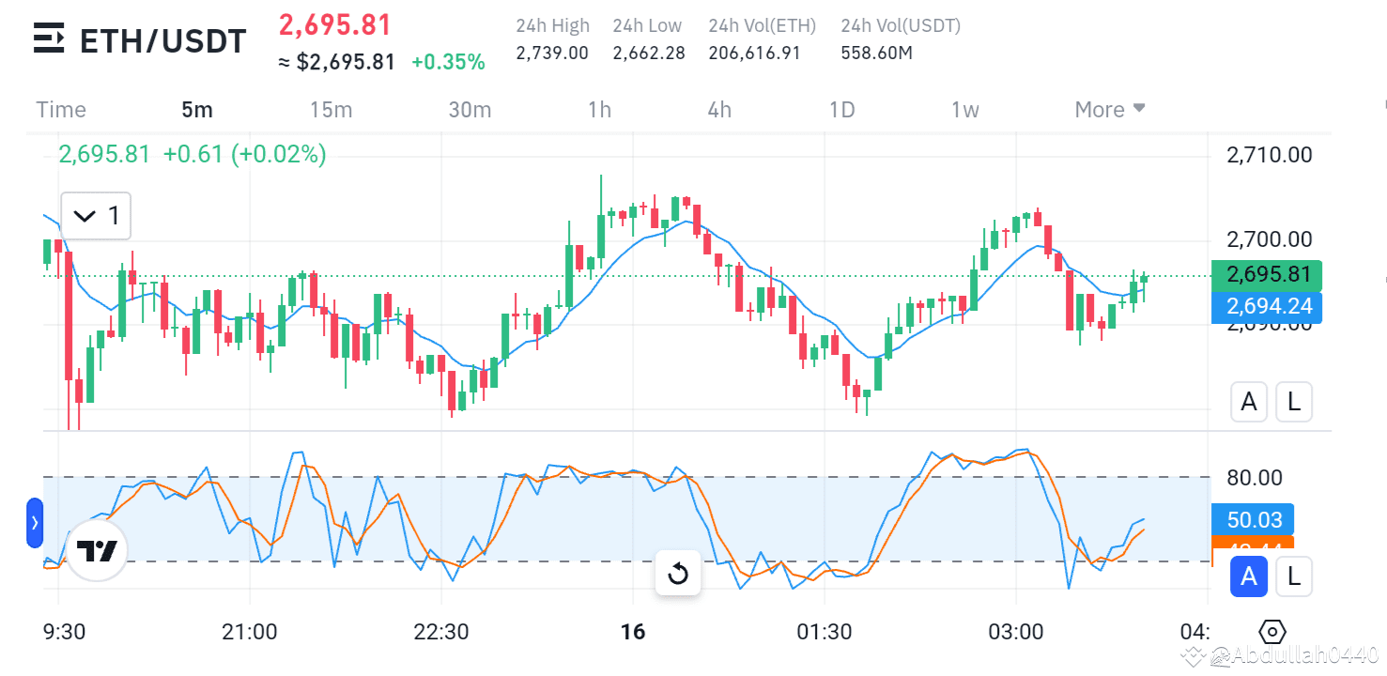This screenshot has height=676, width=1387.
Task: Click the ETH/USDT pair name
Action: click(x=162, y=40)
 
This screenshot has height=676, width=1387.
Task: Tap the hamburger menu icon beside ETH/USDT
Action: click(x=49, y=38)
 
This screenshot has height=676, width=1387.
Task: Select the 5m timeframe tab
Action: click(x=197, y=110)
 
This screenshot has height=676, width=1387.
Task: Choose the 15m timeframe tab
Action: click(x=331, y=110)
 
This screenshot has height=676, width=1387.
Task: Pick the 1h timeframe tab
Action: click(x=599, y=110)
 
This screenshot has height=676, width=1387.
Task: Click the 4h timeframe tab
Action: click(x=719, y=110)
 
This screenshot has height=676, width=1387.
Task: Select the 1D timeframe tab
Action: click(x=841, y=110)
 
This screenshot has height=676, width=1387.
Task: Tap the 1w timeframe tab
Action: click(x=964, y=110)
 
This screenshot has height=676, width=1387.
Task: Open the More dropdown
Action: click(x=1110, y=110)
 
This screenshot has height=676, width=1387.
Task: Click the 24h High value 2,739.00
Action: click(x=552, y=53)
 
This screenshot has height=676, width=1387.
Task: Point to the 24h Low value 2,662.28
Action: click(x=649, y=53)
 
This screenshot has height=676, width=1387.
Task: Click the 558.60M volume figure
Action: click(x=877, y=53)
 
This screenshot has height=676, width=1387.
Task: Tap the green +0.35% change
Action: click(x=448, y=62)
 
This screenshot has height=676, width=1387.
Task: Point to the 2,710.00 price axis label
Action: click(x=1270, y=155)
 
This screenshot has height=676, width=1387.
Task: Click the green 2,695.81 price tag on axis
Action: click(x=1267, y=275)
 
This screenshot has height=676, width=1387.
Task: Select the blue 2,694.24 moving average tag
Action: click(x=1267, y=306)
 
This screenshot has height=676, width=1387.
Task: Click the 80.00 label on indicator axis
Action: click(x=1254, y=478)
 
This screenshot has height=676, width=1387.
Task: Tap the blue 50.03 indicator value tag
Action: click(x=1254, y=519)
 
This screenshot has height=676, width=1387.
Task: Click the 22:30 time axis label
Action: click(x=441, y=632)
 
